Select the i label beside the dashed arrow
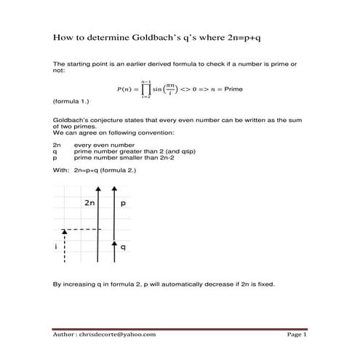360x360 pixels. tap(56, 247)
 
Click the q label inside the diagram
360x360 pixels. tap(124, 247)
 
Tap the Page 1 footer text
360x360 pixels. tap(297, 335)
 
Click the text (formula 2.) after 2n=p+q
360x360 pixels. tap(118, 168)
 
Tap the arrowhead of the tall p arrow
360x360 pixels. tap(114, 188)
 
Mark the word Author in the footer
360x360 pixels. tap(66, 335)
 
